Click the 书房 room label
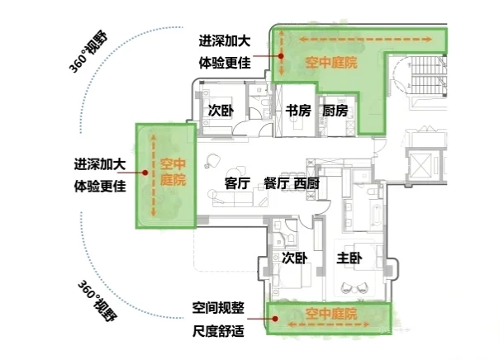298,111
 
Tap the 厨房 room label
335,111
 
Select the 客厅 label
238,183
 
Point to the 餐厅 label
275,183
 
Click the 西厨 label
307,183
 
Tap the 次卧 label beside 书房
220,111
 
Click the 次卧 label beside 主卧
294,258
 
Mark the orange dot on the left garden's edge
143,173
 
